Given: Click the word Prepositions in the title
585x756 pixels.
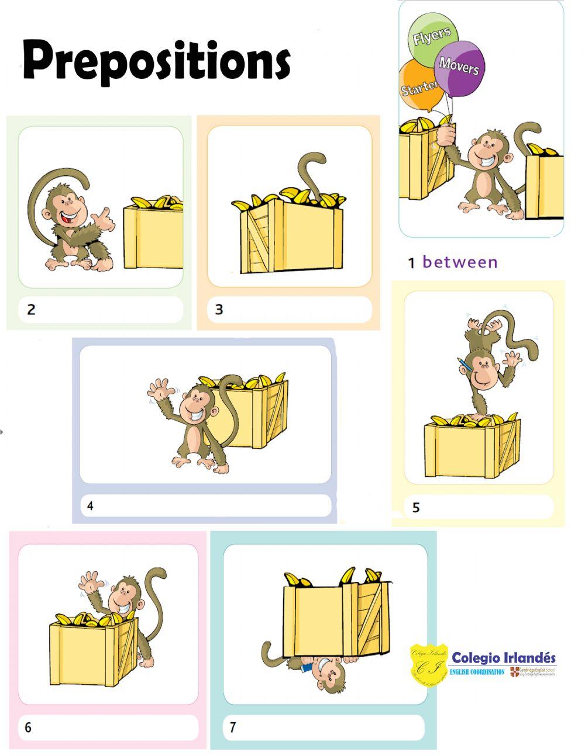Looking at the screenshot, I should tap(156, 61).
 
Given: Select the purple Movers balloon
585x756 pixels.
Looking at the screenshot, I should tap(460, 67).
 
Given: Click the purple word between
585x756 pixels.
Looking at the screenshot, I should tap(460, 262).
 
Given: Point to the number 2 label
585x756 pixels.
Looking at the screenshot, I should tap(31, 310).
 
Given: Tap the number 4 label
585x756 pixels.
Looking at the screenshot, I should tap(90, 506).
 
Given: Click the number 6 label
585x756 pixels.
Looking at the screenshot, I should tap(28, 727).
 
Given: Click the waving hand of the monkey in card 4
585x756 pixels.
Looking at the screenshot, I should tap(157, 390).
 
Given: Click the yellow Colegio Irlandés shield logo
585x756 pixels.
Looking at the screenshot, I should tap(429, 664).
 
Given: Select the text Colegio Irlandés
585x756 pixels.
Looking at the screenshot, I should tap(504, 658).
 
